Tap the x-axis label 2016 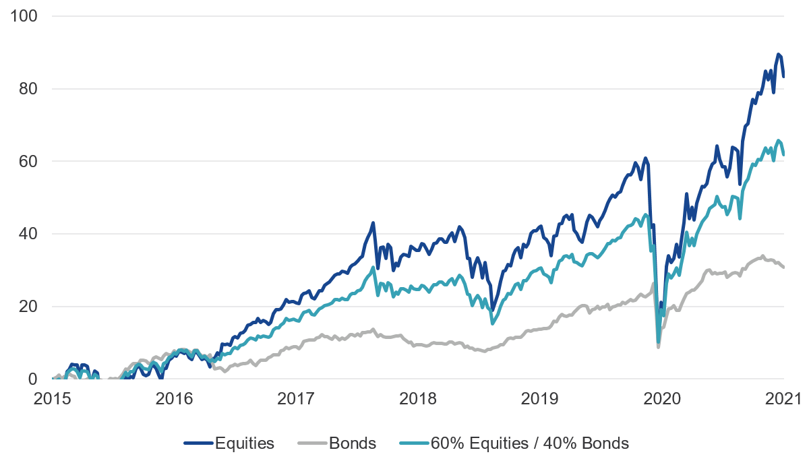coord(173,399)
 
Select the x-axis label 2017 coord(295,399)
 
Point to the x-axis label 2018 coord(417,399)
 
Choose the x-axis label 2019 coord(539,399)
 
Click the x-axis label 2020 coord(661,399)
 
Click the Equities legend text coord(244,443)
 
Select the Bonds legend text coord(353,443)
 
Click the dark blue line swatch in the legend coord(198,443)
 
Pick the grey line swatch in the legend coord(312,443)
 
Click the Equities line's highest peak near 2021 coord(779,54)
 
